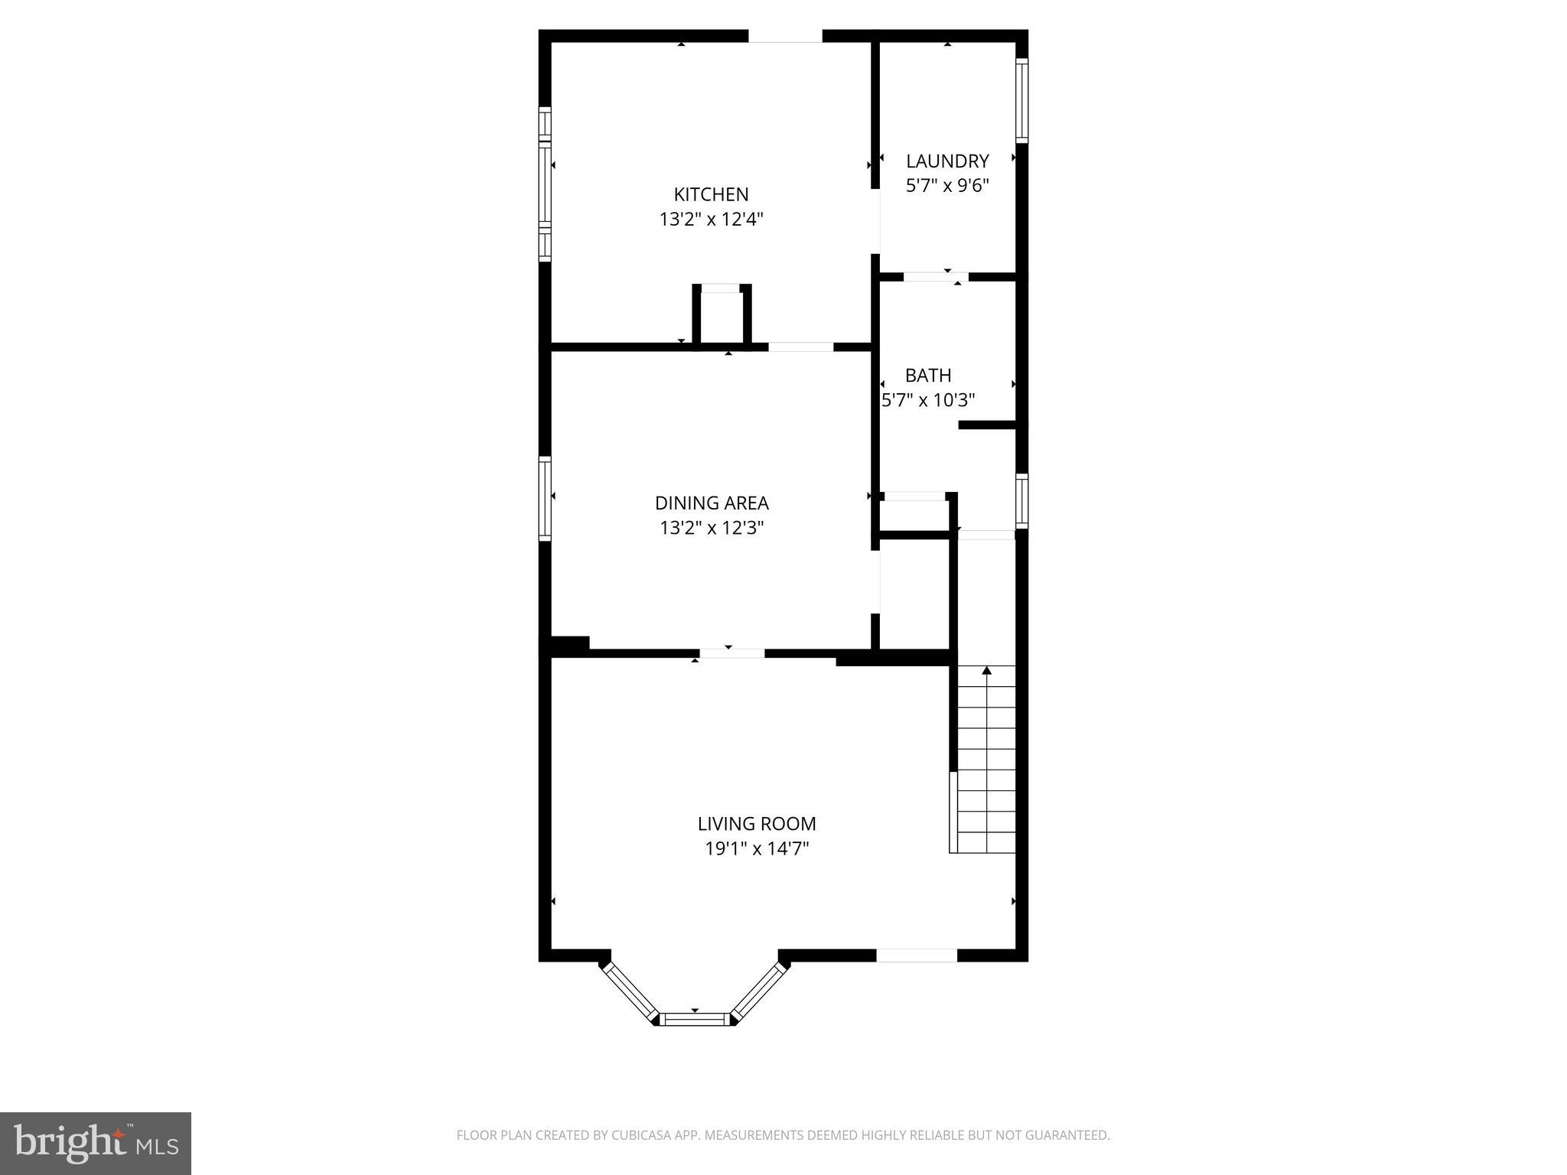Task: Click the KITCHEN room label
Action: pos(711,194)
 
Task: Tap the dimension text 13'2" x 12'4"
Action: pos(711,220)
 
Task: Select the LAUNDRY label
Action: pos(947,161)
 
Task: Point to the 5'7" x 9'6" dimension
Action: pos(947,185)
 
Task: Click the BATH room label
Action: pos(928,375)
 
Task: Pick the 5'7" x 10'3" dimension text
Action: pos(928,400)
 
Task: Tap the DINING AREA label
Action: pos(712,503)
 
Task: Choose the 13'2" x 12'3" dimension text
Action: pos(712,528)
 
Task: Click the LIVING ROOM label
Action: pos(757,824)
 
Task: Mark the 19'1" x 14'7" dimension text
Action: pos(757,848)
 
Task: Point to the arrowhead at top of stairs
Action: pos(986,671)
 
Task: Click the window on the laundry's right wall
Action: pos(1021,99)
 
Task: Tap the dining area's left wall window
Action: pos(545,498)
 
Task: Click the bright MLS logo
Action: pos(95,1144)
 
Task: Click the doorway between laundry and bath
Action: pos(936,277)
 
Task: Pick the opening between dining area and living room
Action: pos(731,653)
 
